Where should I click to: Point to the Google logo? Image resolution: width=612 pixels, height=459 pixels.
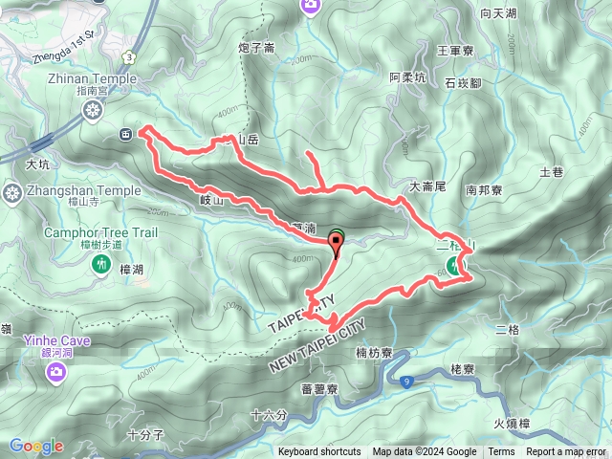36,446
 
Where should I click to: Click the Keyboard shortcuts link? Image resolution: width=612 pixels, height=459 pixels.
319,452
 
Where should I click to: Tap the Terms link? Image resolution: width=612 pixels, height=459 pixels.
501,452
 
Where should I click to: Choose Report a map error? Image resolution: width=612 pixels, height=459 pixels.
567,452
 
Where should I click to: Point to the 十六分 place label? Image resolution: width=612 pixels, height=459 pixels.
267,415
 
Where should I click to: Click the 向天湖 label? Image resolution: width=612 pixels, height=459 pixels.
498,13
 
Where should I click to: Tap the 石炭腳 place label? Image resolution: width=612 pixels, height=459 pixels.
463,83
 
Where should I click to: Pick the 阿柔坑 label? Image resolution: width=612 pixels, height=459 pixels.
407,77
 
